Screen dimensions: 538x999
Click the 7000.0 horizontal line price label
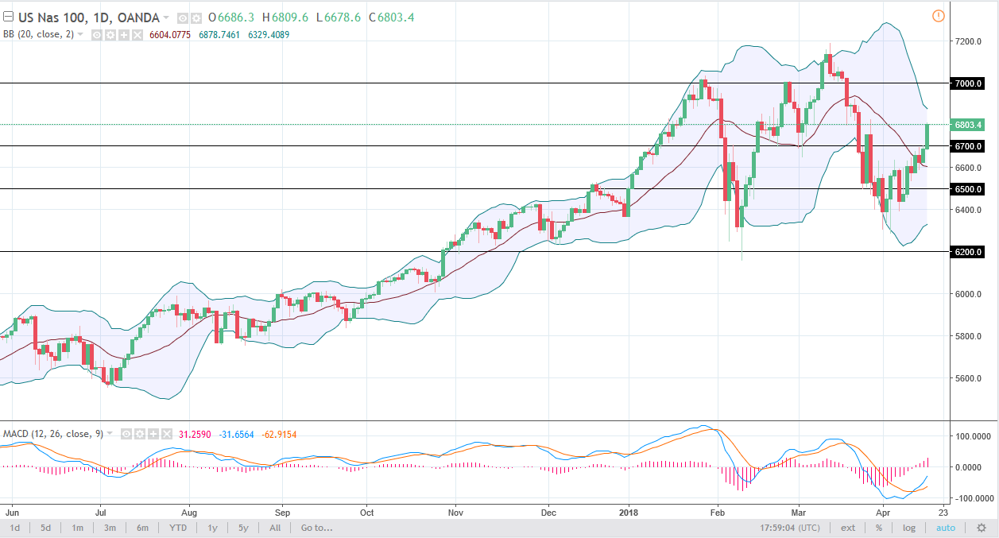pos(968,83)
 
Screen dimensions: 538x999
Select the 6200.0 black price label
pos(968,252)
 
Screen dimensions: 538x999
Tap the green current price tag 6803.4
pos(968,125)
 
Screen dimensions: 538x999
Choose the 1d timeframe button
pos(15,528)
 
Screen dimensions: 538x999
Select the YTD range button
pos(177,528)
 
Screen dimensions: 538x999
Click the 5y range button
pos(242,528)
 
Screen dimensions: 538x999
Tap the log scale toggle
pos(908,528)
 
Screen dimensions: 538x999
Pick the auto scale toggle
pos(945,528)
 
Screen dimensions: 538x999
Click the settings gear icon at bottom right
pos(982,528)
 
